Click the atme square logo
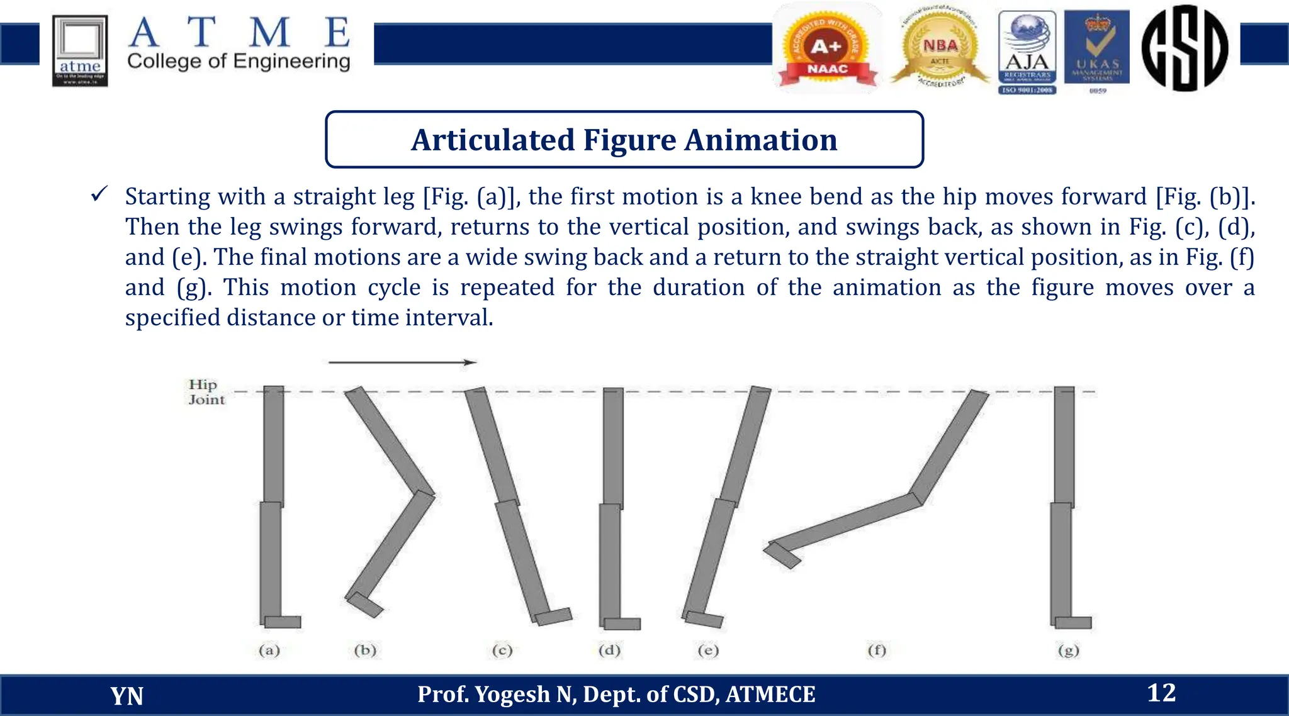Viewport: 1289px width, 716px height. tap(80, 50)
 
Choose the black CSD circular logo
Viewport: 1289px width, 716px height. tap(1185, 48)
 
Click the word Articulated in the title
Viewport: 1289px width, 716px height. tap(493, 140)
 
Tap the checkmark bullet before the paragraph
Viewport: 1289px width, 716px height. tap(99, 194)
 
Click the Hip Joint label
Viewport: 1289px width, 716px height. tap(206, 391)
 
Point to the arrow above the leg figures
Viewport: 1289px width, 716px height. tap(402, 362)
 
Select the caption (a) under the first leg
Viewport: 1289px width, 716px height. tap(269, 650)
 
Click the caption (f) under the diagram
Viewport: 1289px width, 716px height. tap(877, 650)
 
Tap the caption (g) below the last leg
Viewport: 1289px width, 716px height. tap(1068, 650)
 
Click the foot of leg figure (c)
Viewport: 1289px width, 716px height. tap(553, 616)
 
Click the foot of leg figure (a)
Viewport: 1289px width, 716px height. tap(283, 622)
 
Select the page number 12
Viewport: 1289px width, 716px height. tap(1161, 693)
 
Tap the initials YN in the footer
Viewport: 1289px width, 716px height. tap(127, 696)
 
